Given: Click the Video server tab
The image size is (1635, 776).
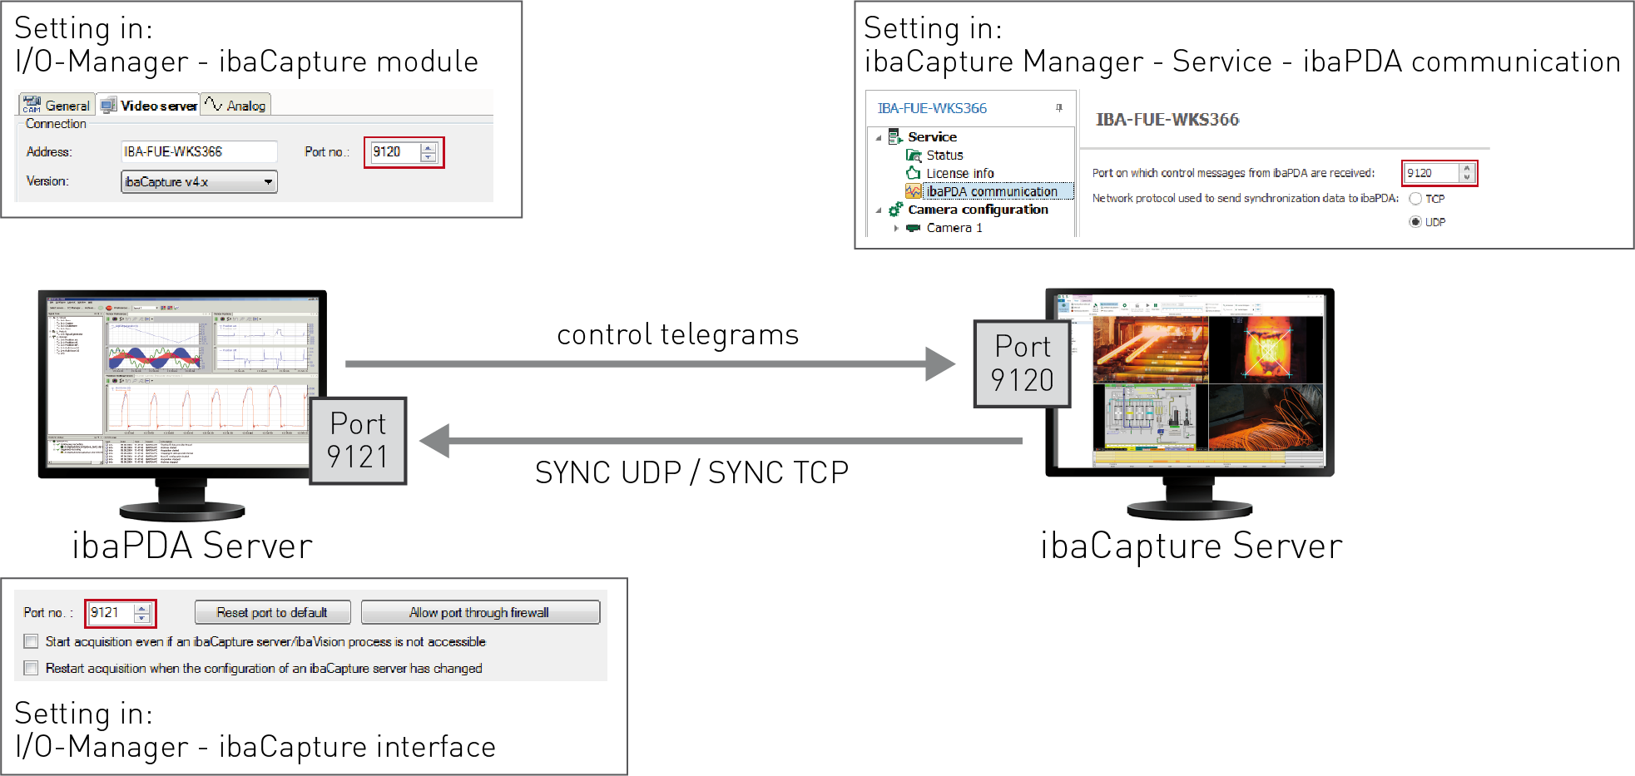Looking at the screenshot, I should point(150,106).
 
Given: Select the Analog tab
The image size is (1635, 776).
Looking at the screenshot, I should point(236,106).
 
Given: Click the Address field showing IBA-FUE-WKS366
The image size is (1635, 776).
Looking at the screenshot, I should point(199,151).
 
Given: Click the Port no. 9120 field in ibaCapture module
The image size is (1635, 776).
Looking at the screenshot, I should point(395,152).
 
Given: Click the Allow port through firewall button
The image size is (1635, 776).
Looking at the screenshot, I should point(479,612).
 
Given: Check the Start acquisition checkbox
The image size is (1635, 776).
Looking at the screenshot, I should point(32,641).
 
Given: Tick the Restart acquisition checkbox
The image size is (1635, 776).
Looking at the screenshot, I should point(32,668).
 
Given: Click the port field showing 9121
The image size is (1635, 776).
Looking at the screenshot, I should point(111,613).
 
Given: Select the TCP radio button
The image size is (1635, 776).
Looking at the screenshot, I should point(1415,199).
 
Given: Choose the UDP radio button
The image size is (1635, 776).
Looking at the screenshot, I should point(1415,222).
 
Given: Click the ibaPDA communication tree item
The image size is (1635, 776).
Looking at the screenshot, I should point(991,191).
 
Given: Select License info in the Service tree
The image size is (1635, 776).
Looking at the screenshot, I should point(959,173).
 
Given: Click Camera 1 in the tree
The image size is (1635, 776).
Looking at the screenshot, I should point(954,228).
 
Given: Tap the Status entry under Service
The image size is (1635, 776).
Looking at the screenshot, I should point(944,155).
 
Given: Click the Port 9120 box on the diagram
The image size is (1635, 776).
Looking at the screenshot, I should point(1022,364).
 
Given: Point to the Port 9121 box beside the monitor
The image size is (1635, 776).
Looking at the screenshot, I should point(358,441).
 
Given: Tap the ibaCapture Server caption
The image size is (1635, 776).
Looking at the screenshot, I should point(1191,546).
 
